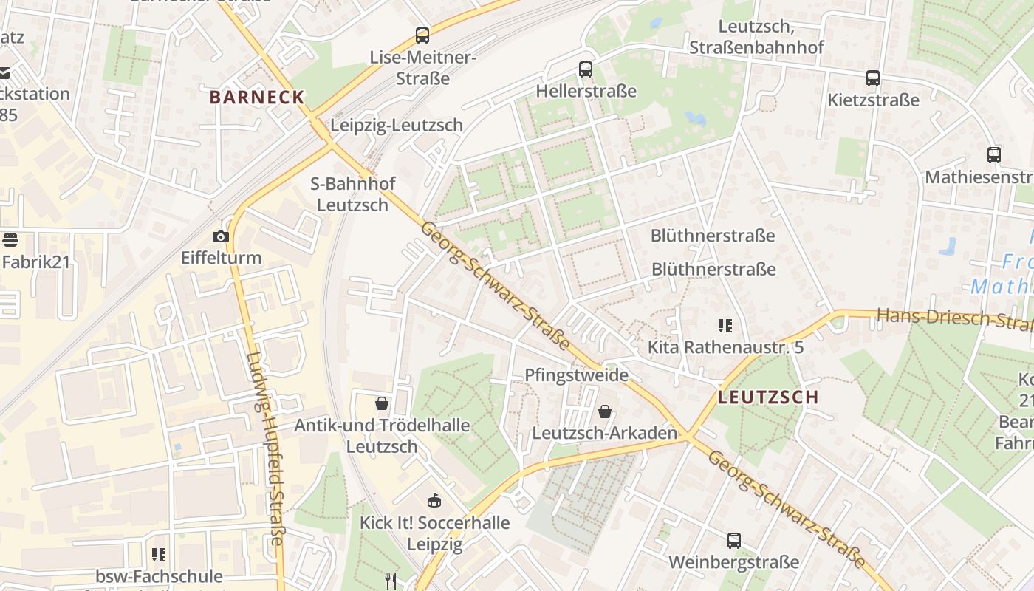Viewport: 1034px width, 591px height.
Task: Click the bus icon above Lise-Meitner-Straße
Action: [422, 35]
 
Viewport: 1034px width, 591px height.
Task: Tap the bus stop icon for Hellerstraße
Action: [586, 69]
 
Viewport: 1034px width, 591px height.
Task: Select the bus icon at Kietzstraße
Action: [873, 78]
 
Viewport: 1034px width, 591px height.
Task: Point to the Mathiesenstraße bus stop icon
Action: [994, 155]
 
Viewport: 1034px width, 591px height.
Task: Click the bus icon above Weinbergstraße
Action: [733, 540]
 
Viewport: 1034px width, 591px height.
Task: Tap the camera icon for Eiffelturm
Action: [220, 236]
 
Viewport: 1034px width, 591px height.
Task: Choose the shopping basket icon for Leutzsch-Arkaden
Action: [605, 411]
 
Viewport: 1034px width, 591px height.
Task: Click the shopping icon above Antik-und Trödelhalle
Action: [382, 403]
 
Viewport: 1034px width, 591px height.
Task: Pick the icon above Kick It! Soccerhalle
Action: [434, 500]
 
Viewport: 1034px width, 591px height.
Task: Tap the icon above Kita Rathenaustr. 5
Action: [725, 325]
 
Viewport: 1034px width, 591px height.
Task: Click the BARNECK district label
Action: [256, 97]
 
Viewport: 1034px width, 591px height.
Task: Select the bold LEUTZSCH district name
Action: [768, 397]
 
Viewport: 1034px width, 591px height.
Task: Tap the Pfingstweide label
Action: [576, 375]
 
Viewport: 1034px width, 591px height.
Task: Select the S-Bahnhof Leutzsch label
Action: [353, 194]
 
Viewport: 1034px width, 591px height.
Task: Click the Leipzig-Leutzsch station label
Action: [397, 125]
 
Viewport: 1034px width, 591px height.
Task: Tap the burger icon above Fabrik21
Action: [10, 239]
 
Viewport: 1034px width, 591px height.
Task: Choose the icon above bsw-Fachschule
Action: [159, 554]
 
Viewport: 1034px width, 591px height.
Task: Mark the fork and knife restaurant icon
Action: [391, 581]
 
